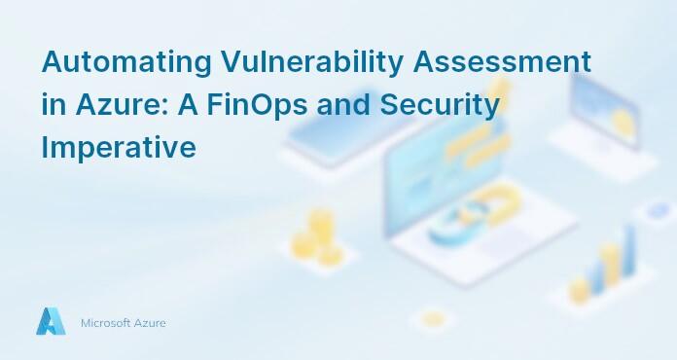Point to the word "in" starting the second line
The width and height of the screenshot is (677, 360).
53,106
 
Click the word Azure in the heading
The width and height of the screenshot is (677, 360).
115,106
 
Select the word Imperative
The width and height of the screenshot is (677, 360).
119,148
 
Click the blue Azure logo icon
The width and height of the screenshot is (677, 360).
51,322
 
